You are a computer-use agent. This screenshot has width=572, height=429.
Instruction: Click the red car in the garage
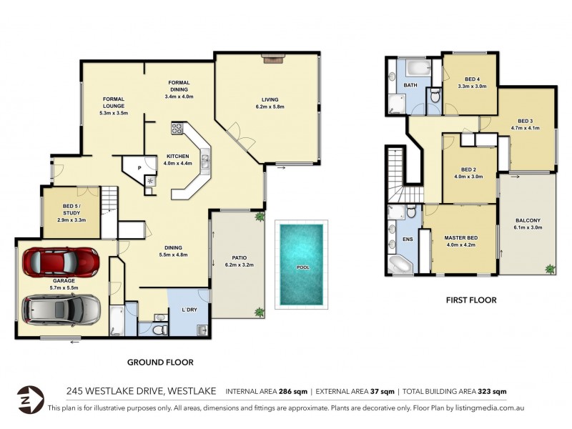(61, 262)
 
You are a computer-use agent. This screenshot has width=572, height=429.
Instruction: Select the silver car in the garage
(61, 309)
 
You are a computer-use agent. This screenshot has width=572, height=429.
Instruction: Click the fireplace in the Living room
(272, 59)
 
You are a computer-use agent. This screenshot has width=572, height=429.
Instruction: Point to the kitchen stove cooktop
(177, 129)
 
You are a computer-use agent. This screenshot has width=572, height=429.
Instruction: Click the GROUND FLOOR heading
(160, 362)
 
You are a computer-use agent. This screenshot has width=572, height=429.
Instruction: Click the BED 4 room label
(471, 79)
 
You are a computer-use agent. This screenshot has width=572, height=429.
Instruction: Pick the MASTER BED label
(460, 237)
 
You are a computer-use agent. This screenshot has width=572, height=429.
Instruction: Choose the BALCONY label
(527, 220)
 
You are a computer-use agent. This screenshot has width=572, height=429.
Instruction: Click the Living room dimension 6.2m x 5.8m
(270, 107)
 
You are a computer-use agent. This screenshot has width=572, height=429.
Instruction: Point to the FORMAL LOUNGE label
(114, 103)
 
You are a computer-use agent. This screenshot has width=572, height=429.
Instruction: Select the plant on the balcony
(549, 269)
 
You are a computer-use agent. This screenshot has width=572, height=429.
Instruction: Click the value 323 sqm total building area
(492, 391)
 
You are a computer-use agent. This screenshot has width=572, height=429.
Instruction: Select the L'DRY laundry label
(189, 310)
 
